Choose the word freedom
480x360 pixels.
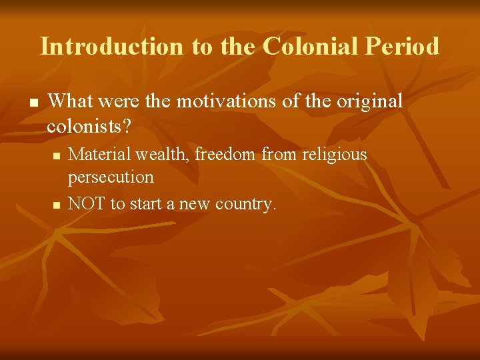[225, 155]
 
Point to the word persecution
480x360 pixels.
[111, 177]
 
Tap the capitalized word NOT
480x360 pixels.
[87, 203]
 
